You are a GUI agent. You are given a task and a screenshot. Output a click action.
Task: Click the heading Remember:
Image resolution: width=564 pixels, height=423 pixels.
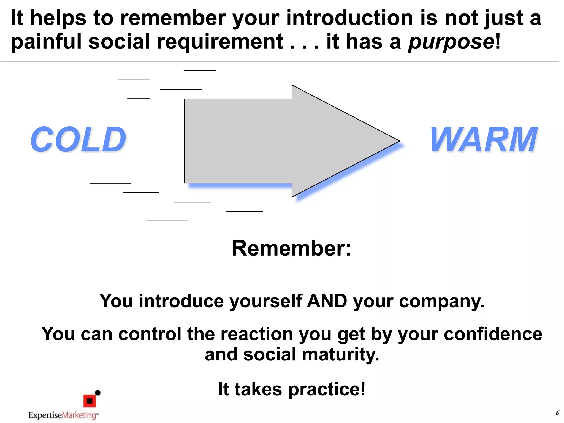[x=291, y=248]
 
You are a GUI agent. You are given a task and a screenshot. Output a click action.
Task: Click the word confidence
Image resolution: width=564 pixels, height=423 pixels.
[x=493, y=334]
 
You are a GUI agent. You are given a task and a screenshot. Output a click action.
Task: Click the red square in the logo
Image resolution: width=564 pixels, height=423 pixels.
[x=90, y=401]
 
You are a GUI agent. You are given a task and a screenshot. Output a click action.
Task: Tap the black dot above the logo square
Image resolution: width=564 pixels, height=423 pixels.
[x=97, y=393]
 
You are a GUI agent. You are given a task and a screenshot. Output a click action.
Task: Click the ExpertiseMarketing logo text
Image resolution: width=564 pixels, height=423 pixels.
[x=63, y=415]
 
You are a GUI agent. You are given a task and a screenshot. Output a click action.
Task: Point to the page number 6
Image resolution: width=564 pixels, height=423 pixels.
[x=557, y=413]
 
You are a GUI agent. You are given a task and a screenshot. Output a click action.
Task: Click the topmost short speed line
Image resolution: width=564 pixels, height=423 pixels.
[x=200, y=70]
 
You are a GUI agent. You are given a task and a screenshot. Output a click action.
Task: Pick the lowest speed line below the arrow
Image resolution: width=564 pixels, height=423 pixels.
[x=167, y=221]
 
